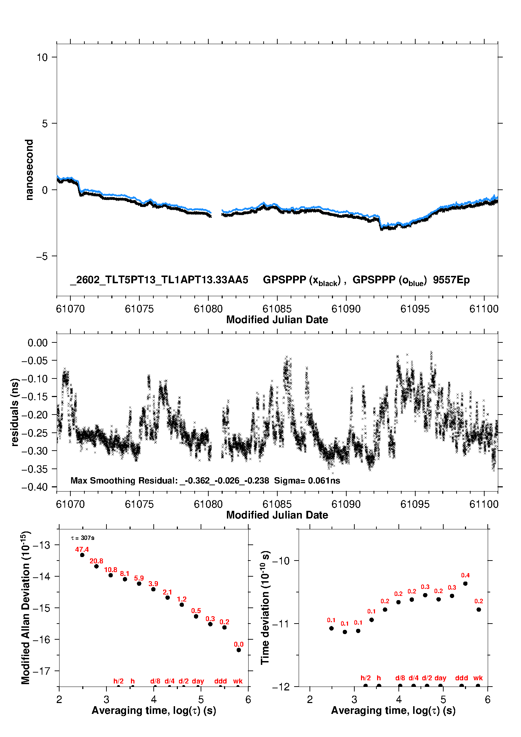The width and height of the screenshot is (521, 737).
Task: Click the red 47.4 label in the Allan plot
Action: pyautogui.click(x=82, y=549)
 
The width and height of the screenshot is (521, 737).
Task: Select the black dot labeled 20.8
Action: pyautogui.click(x=96, y=566)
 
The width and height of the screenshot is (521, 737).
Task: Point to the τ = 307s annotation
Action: pyautogui.click(x=83, y=538)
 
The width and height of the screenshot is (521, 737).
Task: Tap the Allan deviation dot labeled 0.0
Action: pyautogui.click(x=239, y=650)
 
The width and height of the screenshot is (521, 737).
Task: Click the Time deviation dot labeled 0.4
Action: pyautogui.click(x=465, y=583)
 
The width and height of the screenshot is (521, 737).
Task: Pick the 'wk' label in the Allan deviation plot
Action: pyautogui.click(x=238, y=681)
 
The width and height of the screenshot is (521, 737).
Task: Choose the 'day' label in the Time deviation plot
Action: pyautogui.click(x=440, y=678)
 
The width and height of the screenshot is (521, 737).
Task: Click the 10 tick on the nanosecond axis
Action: pyautogui.click(x=42, y=57)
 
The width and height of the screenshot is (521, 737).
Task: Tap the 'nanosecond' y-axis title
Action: pyautogui.click(x=29, y=170)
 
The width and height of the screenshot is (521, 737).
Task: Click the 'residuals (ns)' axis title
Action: pyautogui.click(x=15, y=412)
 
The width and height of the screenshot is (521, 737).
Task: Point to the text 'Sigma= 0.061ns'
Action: pyautogui.click(x=307, y=480)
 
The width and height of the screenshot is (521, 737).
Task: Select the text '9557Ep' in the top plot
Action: pyautogui.click(x=451, y=280)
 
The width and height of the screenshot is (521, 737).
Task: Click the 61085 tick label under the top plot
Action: pyautogui.click(x=277, y=309)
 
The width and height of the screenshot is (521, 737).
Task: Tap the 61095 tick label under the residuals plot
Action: pyautogui.click(x=415, y=504)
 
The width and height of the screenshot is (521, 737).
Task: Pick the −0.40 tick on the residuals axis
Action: pyautogui.click(x=35, y=487)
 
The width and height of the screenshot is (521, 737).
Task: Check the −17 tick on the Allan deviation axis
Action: pyautogui.click(x=41, y=671)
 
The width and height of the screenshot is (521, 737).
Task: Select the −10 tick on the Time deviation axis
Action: pyautogui.click(x=281, y=561)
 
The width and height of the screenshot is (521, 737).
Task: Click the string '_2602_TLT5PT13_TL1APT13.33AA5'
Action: pyautogui.click(x=159, y=280)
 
